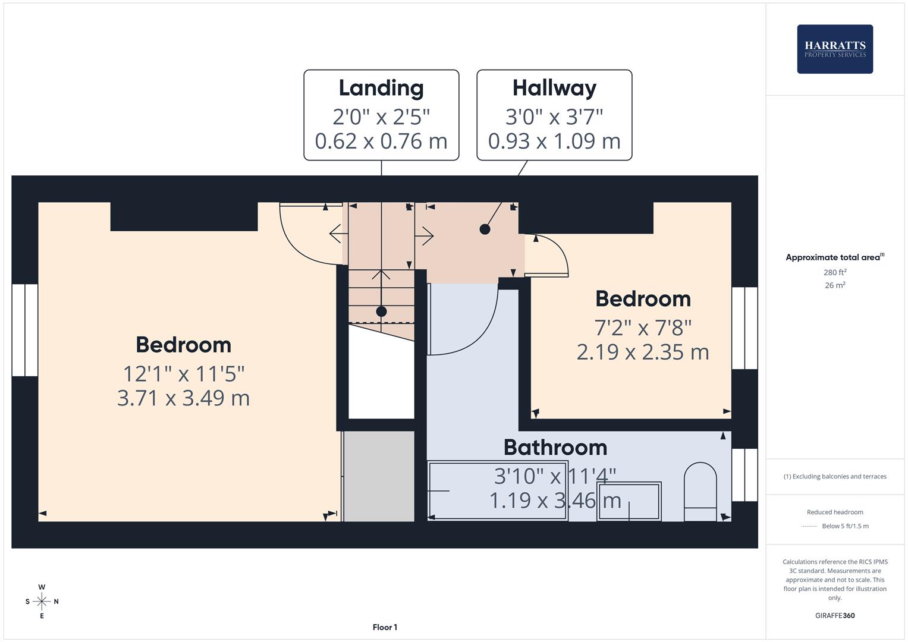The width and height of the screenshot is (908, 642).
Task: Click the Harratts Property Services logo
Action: click(x=835, y=49)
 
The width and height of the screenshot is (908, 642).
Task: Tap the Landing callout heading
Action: click(x=381, y=89)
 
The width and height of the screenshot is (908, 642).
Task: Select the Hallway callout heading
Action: click(x=554, y=89)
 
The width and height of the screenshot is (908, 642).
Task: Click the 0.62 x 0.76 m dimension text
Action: click(x=381, y=141)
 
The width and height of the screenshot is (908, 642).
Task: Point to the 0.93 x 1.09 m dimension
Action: click(x=554, y=141)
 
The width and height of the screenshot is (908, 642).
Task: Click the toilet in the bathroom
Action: click(x=700, y=492)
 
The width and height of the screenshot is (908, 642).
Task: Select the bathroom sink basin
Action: click(x=629, y=501)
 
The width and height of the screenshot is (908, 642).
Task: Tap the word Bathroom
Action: click(x=555, y=448)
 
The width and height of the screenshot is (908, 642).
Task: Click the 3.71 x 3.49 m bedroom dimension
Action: click(x=183, y=398)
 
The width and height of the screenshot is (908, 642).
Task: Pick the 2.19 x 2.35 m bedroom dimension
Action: click(x=643, y=352)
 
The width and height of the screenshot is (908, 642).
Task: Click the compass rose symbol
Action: click(x=42, y=601)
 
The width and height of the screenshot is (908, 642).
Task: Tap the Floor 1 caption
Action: click(x=385, y=627)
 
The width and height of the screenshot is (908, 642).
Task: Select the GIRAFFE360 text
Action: click(x=835, y=615)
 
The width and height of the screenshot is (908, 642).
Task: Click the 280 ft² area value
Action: click(x=835, y=272)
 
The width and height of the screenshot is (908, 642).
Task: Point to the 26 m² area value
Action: click(x=835, y=285)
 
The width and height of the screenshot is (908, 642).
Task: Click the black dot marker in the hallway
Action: click(x=485, y=229)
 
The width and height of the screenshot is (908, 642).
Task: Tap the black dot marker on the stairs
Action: click(x=381, y=311)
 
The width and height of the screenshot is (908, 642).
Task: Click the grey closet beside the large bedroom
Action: click(x=379, y=476)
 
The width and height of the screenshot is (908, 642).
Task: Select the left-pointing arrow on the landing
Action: click(x=338, y=234)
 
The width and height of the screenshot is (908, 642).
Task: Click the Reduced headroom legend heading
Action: click(x=835, y=512)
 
